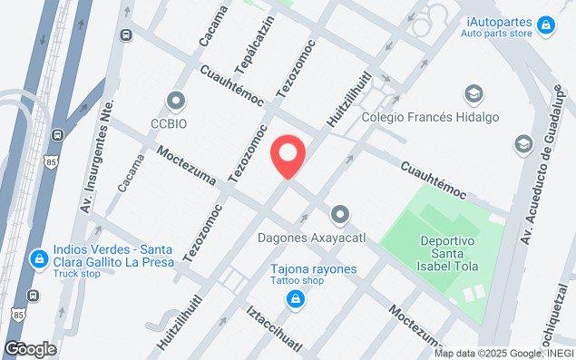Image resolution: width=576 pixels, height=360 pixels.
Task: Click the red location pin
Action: coord(288,156)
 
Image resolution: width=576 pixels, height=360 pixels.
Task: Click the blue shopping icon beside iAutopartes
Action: coord(545,24)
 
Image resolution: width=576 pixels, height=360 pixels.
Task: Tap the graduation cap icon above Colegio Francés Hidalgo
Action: coord(472,94)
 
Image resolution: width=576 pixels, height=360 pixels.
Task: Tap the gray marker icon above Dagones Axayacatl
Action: coord(340,215)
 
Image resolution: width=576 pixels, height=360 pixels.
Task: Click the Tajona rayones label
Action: coord(313,269)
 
